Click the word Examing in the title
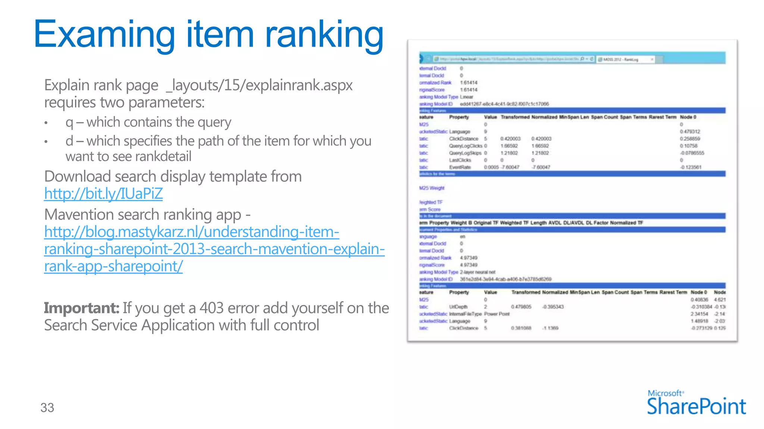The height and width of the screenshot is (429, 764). coord(104,35)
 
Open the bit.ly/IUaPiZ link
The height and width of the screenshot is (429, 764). coord(103,194)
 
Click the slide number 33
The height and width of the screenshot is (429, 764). coord(47,408)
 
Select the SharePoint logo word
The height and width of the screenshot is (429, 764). coord(696,406)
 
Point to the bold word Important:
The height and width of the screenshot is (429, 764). coord(81,308)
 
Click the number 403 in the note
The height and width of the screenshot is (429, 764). coord(211,308)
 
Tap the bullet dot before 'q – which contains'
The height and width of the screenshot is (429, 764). coord(46,123)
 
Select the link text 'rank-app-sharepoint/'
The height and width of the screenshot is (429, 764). coord(113,266)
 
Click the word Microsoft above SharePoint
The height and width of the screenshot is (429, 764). coord(665,393)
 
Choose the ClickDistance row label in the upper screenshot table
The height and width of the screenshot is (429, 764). coord(463,139)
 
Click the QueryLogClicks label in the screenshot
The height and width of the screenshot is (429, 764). coord(465,146)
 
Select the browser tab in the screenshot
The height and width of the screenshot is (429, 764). coord(625,60)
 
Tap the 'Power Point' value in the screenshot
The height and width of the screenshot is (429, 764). coord(497,314)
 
